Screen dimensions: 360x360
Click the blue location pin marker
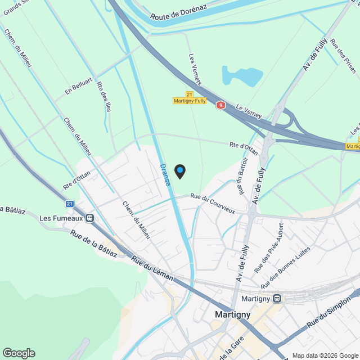pyautogui.click(x=180, y=171)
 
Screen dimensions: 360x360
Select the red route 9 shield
pyautogui.click(x=221, y=105)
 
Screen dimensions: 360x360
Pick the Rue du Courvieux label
pyautogui.click(x=212, y=203)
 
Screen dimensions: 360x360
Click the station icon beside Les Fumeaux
pyautogui.click(x=90, y=218)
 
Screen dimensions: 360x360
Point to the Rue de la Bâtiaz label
pyautogui.click(x=94, y=244)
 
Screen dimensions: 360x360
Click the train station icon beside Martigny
pyautogui.click(x=277, y=298)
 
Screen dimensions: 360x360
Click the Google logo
pyautogui.click(x=18, y=353)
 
